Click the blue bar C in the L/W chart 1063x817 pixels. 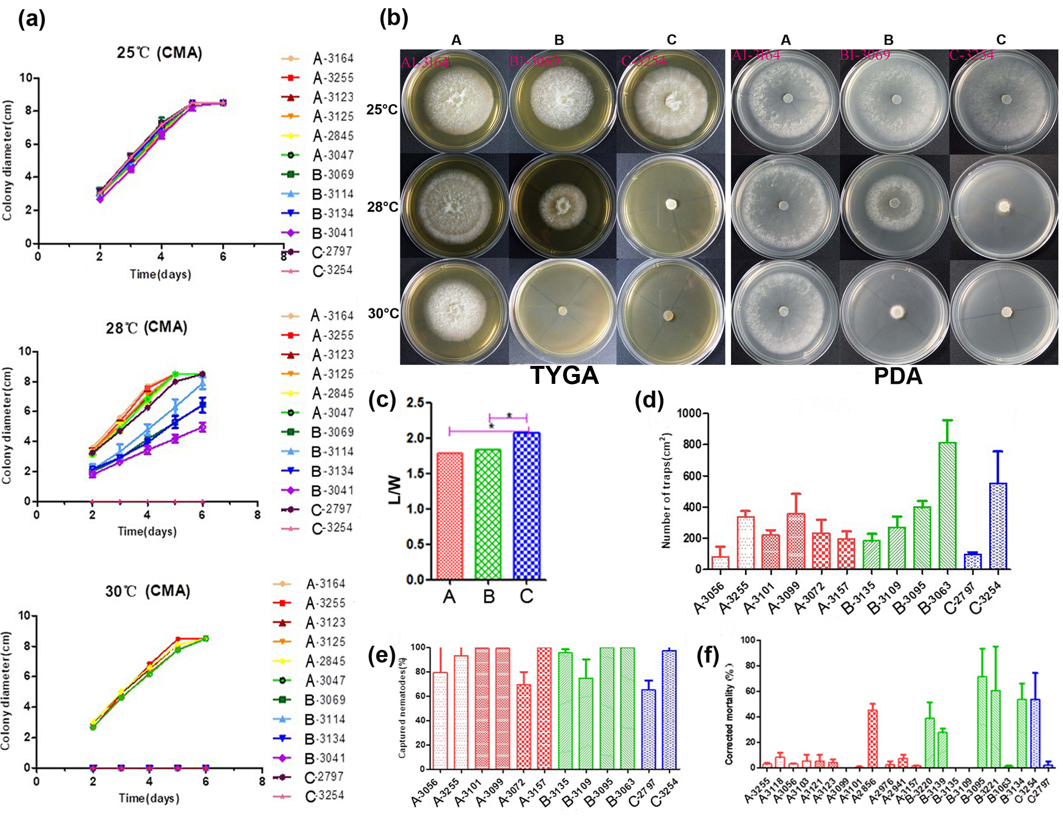click(526, 506)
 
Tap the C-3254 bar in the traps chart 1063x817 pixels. click(998, 525)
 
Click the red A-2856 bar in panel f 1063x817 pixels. click(873, 739)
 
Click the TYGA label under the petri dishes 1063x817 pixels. click(565, 375)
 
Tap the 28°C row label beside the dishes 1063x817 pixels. click(382, 207)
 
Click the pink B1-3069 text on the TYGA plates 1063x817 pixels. click(534, 62)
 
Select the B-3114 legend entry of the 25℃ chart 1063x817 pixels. click(333, 194)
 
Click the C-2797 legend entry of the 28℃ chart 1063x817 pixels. click(332, 509)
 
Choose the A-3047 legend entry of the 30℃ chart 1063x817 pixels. click(325, 680)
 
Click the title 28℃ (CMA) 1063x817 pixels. click(147, 327)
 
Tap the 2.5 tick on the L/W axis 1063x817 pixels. click(415, 403)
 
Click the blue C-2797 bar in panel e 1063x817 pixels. click(648, 729)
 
